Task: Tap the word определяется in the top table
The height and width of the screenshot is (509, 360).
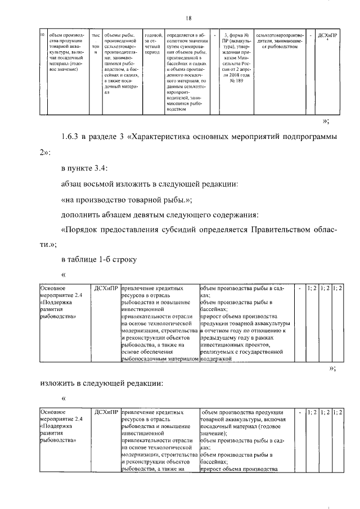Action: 184,35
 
